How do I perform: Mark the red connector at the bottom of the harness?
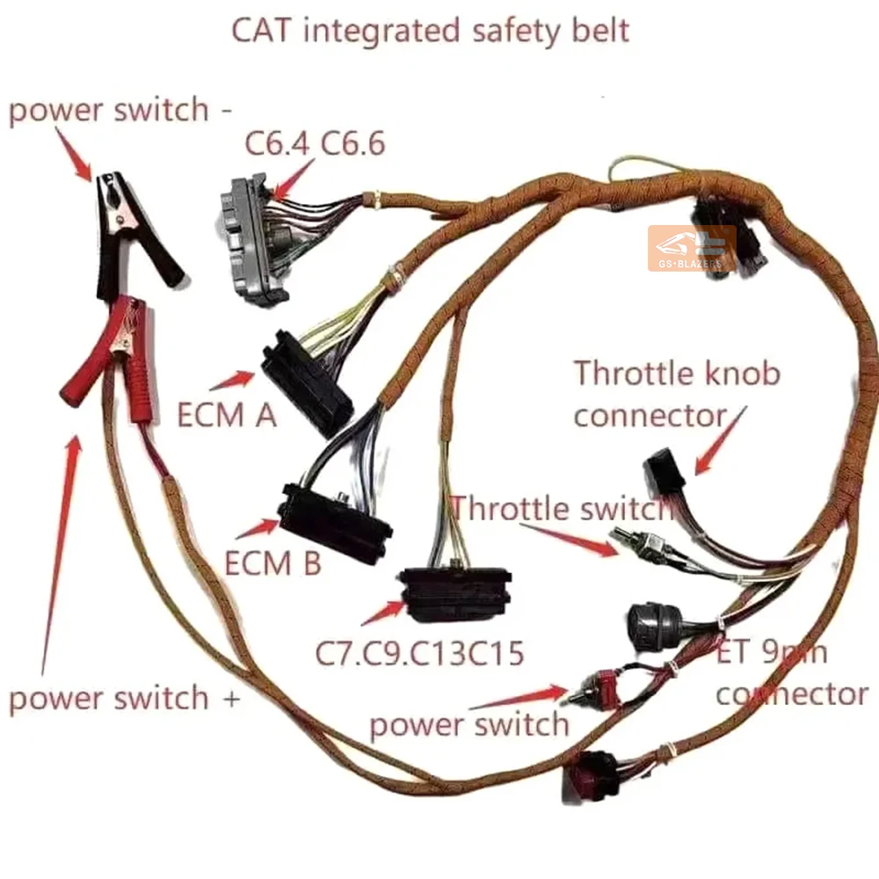[x=587, y=779]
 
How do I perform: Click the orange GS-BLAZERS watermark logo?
[x=691, y=249]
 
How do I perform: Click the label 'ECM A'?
[x=227, y=414]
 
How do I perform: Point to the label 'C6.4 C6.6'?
[x=315, y=144]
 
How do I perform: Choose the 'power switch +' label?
[x=124, y=699]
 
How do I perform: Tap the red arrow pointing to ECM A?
[x=230, y=380]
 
